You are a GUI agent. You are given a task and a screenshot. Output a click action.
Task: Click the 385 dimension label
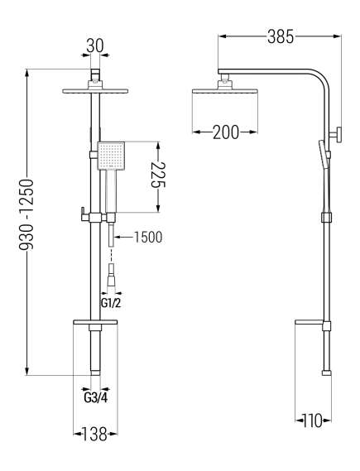tap(281, 37)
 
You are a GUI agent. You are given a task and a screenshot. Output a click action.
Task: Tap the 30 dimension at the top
tap(95, 46)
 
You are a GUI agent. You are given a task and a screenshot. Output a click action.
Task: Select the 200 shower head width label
tap(226, 132)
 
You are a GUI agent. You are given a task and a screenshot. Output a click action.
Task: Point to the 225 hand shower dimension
tap(158, 175)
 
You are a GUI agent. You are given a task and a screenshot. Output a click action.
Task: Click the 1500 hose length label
tap(147, 237)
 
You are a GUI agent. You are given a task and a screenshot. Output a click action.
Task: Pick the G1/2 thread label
tap(111, 303)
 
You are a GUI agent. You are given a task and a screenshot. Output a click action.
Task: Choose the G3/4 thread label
tap(95, 398)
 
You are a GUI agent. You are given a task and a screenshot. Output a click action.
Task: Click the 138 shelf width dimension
tap(95, 434)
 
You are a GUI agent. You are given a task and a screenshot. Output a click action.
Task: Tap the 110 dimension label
tap(312, 421)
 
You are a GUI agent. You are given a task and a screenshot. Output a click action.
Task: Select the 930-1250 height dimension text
tap(26, 214)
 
